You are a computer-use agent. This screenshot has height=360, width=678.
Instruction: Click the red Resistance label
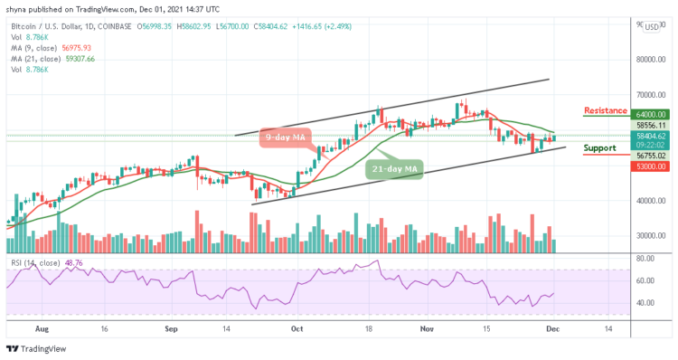pos(606,110)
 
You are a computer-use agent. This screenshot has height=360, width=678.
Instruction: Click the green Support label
pos(599,147)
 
